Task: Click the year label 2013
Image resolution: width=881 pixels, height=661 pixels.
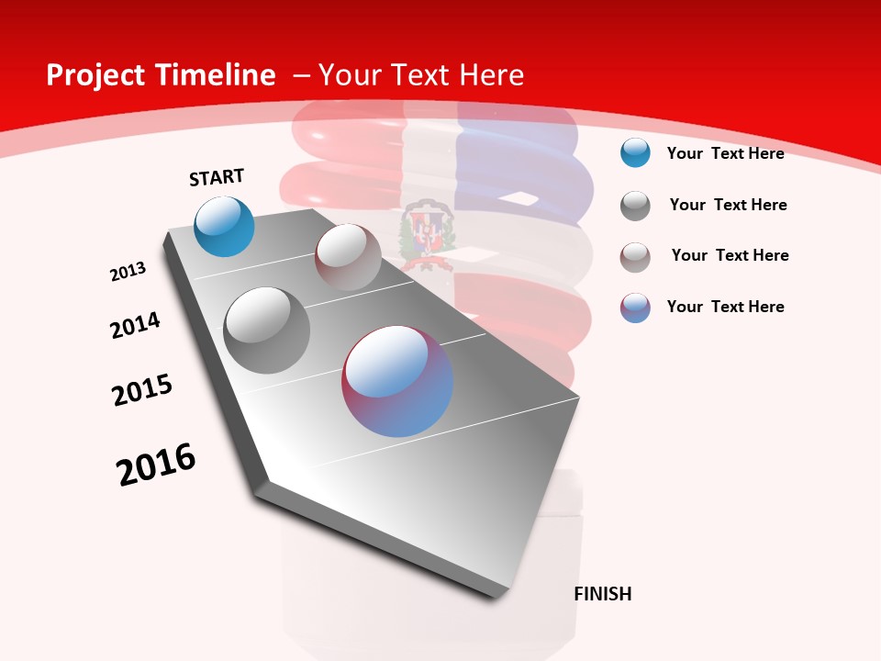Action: (128, 272)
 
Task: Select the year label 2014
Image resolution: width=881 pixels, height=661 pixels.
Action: (135, 326)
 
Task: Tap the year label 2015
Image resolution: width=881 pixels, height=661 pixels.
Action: (142, 390)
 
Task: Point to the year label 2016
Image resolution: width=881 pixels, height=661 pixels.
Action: (156, 465)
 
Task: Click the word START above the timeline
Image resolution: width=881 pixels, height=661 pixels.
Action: (217, 177)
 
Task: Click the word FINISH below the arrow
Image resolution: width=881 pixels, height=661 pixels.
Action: (603, 594)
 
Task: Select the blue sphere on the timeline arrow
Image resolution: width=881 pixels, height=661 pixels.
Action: (225, 226)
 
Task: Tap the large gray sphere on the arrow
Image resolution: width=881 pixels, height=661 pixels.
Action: (267, 330)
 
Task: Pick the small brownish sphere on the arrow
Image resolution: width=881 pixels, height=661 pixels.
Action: (348, 257)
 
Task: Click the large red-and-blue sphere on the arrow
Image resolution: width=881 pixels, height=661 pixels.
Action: (397, 381)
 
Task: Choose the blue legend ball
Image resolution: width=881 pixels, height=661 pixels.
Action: (635, 153)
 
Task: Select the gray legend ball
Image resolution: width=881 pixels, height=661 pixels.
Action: (635, 206)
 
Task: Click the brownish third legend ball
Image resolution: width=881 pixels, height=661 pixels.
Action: (635, 257)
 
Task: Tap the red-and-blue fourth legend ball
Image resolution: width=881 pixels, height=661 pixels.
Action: (635, 308)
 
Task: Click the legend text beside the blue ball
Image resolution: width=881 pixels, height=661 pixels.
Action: (725, 153)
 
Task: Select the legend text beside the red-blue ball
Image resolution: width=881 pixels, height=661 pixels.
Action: (725, 307)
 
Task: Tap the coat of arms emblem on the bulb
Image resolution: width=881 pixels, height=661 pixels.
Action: (428, 235)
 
